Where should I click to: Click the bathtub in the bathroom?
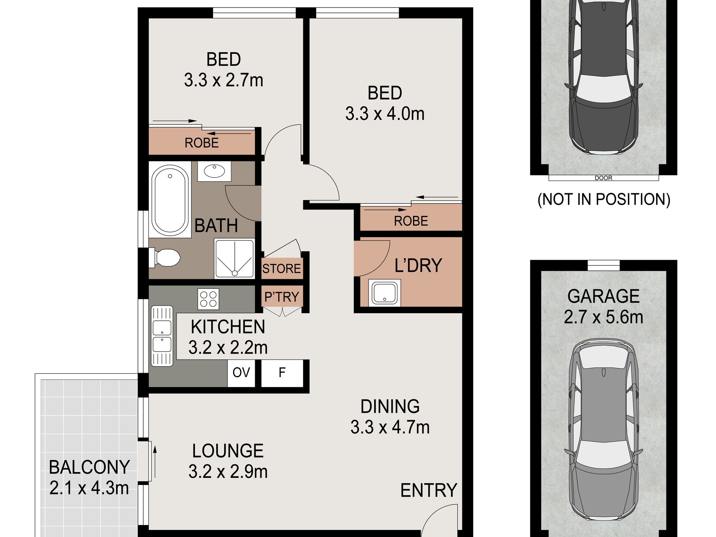click(170, 200)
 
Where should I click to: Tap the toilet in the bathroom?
click(165, 258)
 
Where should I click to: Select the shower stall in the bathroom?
click(234, 259)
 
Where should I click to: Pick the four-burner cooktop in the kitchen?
click(208, 299)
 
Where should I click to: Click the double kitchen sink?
click(162, 336)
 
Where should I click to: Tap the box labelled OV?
click(241, 373)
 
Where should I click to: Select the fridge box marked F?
click(282, 373)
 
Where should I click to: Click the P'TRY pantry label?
click(282, 297)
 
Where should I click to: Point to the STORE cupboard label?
click(282, 269)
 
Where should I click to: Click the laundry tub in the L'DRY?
click(384, 293)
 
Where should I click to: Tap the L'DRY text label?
click(418, 265)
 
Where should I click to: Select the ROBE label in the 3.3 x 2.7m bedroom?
click(202, 143)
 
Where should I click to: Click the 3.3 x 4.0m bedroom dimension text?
click(385, 114)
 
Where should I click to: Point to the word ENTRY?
click(428, 490)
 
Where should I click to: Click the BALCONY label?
click(89, 467)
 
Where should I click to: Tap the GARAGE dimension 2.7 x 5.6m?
click(603, 317)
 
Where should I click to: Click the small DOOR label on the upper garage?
click(603, 178)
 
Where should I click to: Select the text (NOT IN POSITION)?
click(604, 199)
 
